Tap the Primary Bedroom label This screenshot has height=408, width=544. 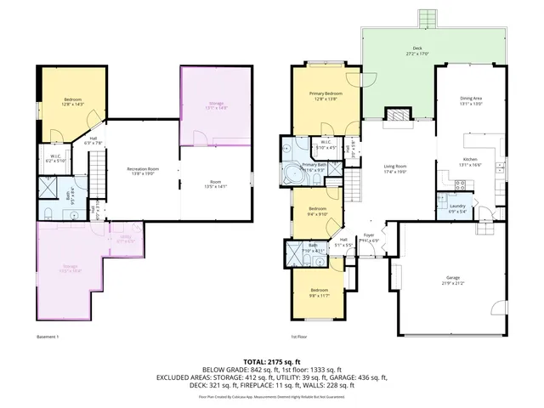click(x=326, y=95)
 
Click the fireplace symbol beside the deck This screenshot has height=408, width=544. click(x=396, y=116)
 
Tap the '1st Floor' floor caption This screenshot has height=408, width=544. click(x=298, y=338)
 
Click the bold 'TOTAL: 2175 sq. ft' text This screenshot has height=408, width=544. click(x=271, y=361)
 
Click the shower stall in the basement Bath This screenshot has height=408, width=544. click(x=48, y=186)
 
